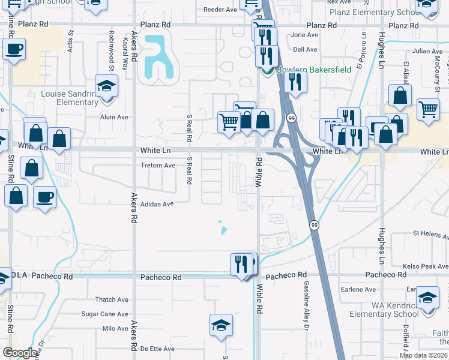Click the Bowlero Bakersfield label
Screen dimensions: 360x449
(x=313, y=70)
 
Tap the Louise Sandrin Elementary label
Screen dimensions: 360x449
(x=69, y=98)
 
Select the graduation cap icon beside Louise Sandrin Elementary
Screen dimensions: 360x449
(x=106, y=86)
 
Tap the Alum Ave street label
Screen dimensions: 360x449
(x=115, y=117)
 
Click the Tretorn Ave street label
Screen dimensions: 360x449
(x=157, y=166)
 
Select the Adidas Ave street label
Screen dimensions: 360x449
(x=157, y=204)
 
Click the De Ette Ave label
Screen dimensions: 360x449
(x=157, y=349)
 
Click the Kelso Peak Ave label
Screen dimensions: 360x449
(x=424, y=266)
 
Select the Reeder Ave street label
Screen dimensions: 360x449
(x=220, y=10)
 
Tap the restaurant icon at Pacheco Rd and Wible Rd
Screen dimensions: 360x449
(x=241, y=263)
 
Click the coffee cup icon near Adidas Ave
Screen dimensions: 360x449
(x=45, y=197)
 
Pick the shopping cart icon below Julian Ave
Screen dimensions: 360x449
(x=429, y=109)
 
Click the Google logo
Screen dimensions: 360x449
(x=20, y=353)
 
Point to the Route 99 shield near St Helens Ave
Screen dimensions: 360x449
(x=314, y=225)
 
